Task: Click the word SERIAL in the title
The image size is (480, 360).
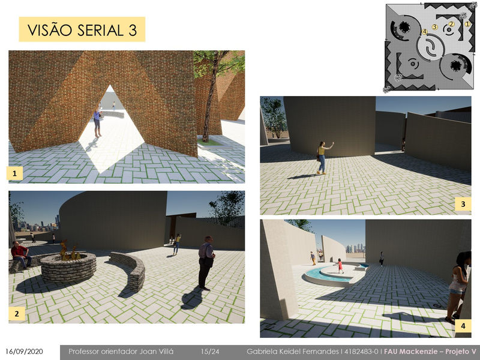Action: coord(100,30)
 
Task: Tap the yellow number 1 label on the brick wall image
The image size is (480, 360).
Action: coord(14,173)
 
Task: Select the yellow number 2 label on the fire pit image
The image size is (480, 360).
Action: coord(17,313)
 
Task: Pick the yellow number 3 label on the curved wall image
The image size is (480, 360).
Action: coord(463,204)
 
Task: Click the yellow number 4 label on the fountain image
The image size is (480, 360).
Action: coord(463,326)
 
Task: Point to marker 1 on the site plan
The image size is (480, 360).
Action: coord(467,24)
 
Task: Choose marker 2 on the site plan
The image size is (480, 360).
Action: coord(451,24)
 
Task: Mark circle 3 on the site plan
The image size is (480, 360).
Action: coord(434,27)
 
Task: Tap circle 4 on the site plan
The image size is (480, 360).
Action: coord(425,32)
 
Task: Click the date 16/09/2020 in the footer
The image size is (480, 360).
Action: coord(24,352)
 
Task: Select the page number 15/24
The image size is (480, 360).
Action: coord(210,352)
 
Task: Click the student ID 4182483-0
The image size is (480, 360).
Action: coord(361,352)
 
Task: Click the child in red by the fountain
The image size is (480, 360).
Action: coord(340,266)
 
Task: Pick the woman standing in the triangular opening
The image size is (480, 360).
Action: coord(97,122)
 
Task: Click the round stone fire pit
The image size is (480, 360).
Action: coord(68,266)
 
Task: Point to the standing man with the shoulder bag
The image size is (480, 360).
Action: coord(206,263)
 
